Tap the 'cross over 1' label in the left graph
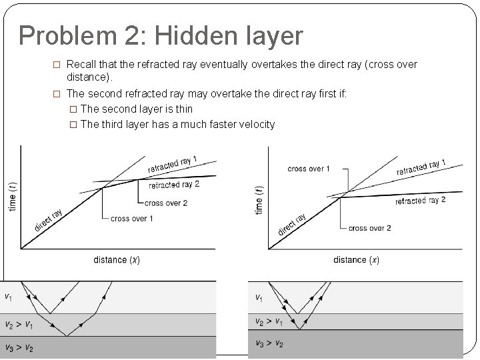[131, 218]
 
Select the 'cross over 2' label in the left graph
[166, 203]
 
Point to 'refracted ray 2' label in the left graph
[174, 185]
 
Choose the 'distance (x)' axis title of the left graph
[117, 259]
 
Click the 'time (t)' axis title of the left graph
[13, 197]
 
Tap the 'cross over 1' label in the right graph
[309, 169]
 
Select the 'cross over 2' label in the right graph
[370, 228]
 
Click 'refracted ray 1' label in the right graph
[421, 167]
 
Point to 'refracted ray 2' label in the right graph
[420, 201]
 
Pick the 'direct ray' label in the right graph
[291, 225]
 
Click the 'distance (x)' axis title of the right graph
[356, 259]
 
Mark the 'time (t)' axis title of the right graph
[259, 198]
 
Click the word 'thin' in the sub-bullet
[183, 109]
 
